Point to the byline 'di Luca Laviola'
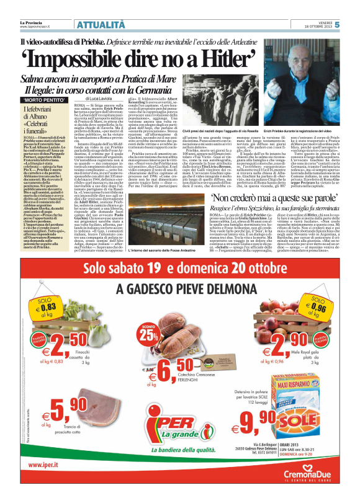[115, 99]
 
